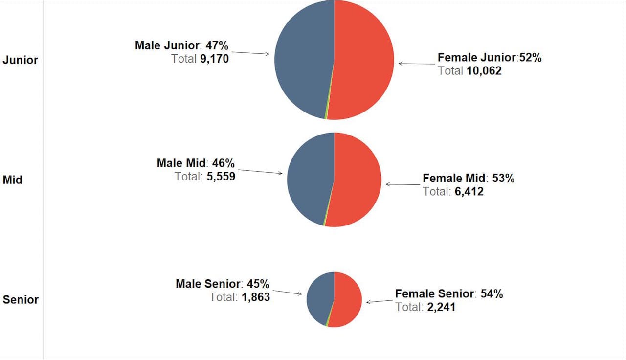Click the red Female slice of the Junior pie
pyautogui.click(x=364, y=59)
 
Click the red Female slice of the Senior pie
pyautogui.click(x=348, y=299)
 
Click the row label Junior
pyautogui.click(x=20, y=60)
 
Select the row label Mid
pyautogui.click(x=13, y=180)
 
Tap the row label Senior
pyautogui.click(x=21, y=299)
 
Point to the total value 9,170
pyautogui.click(x=214, y=59)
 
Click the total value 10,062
pyautogui.click(x=484, y=71)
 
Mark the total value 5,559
pyautogui.click(x=221, y=176)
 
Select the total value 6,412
pyautogui.click(x=469, y=191)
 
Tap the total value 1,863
pyautogui.click(x=255, y=296)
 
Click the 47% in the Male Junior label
pyautogui.click(x=217, y=45)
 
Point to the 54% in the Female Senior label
pyautogui.click(x=492, y=294)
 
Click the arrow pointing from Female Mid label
pyautogui.click(x=403, y=184)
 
